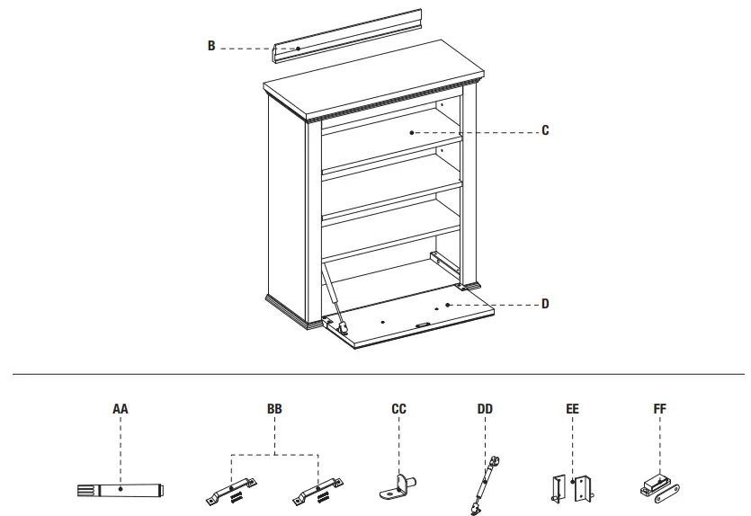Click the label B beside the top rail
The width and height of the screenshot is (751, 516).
211,46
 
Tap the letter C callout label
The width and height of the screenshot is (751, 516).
545,130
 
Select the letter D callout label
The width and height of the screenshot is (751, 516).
545,304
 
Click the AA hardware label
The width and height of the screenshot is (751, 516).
121,409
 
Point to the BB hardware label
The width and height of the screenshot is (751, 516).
274,409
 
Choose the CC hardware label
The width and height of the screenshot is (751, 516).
399,409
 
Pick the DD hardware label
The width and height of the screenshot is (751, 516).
486,409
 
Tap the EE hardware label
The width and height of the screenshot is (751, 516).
573,409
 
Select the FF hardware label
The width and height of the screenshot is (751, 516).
660,409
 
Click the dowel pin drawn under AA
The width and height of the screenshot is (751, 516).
121,491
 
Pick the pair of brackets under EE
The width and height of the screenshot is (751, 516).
572,486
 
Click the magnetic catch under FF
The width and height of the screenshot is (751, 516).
660,486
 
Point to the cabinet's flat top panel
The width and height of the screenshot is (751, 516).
373,89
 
